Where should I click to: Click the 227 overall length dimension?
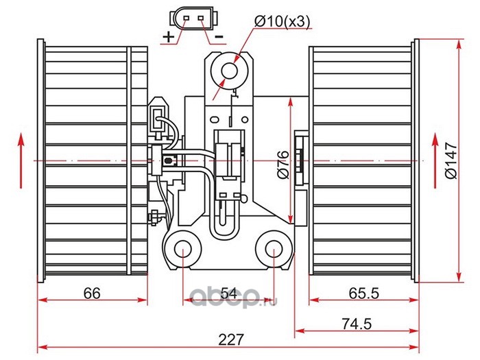point(231,339)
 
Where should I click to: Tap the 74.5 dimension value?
point(357,324)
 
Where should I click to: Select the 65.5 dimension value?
point(363,293)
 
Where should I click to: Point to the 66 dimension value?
point(92,293)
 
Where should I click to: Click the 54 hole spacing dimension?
point(229,294)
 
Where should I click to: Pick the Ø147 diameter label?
point(451,160)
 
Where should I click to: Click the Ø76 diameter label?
point(283,165)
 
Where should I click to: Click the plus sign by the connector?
point(168,37)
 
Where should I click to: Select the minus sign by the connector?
point(219,37)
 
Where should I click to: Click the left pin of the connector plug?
point(186,18)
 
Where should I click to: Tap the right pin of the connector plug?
point(201,18)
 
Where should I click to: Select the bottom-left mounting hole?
point(183,249)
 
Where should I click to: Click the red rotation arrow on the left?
point(21,160)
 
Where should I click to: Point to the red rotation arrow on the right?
point(435,160)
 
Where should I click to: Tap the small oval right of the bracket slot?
point(245,119)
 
